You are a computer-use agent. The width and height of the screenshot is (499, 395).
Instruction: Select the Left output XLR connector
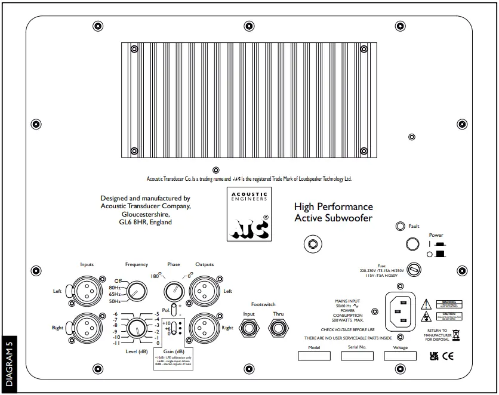click(x=204, y=291)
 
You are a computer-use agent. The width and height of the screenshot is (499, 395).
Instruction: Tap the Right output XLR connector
click(x=204, y=327)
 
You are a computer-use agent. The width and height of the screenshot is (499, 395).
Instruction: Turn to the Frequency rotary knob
click(x=135, y=291)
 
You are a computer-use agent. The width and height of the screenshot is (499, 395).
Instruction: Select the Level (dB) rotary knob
click(x=135, y=328)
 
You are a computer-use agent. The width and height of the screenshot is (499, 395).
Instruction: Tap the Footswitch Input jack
click(x=249, y=328)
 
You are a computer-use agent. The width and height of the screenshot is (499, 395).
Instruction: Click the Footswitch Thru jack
click(x=278, y=328)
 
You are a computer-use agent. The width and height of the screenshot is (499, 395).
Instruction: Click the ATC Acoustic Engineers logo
click(x=249, y=214)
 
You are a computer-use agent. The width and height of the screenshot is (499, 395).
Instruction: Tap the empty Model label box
click(x=314, y=356)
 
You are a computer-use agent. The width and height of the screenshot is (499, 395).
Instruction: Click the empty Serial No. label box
click(x=357, y=356)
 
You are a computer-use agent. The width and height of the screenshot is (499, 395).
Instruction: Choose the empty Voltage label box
click(x=400, y=356)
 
